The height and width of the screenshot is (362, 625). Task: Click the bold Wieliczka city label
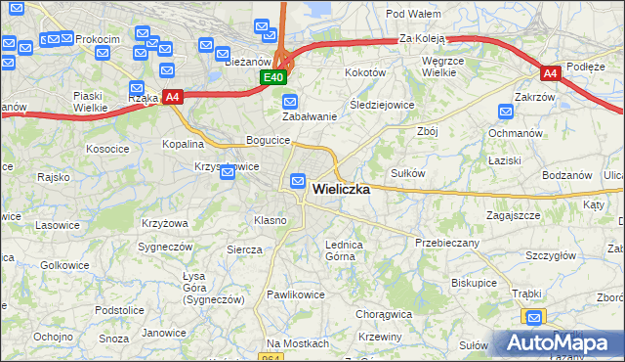[x=341, y=190]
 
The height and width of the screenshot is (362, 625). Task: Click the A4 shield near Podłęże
[x=551, y=73]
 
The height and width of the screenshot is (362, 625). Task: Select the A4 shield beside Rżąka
[x=172, y=97]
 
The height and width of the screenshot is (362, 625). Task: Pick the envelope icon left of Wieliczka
[x=298, y=181]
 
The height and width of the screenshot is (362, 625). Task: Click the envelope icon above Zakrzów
[x=506, y=113]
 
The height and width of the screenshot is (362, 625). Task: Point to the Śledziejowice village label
[x=382, y=105]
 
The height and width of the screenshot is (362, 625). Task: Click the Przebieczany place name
[x=446, y=242]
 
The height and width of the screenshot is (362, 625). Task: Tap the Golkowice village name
[x=65, y=265]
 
